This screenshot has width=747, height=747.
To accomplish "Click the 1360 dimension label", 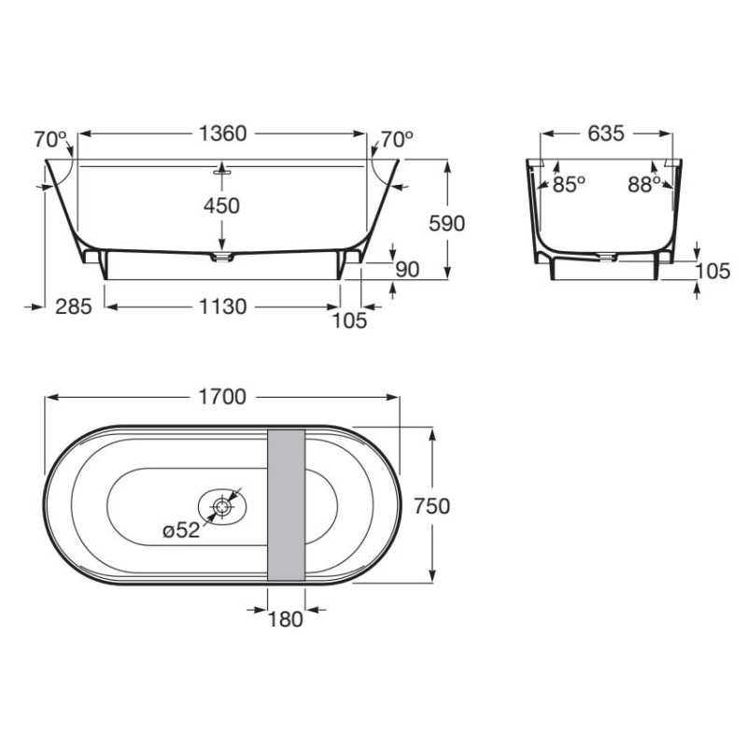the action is [x=222, y=134].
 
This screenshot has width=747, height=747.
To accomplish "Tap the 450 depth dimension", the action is [x=221, y=205].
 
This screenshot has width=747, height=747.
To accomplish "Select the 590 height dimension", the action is [x=447, y=223].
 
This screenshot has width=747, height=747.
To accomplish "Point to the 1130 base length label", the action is [x=222, y=307].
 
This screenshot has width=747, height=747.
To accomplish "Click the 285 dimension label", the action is [x=74, y=307].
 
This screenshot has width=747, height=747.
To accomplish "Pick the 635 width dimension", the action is [x=606, y=134].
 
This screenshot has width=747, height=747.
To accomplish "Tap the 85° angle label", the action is [x=569, y=184].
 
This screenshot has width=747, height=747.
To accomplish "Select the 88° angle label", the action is [x=644, y=184].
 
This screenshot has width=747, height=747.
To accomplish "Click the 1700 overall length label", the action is [x=222, y=397].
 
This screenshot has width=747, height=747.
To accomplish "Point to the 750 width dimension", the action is [x=432, y=506].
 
